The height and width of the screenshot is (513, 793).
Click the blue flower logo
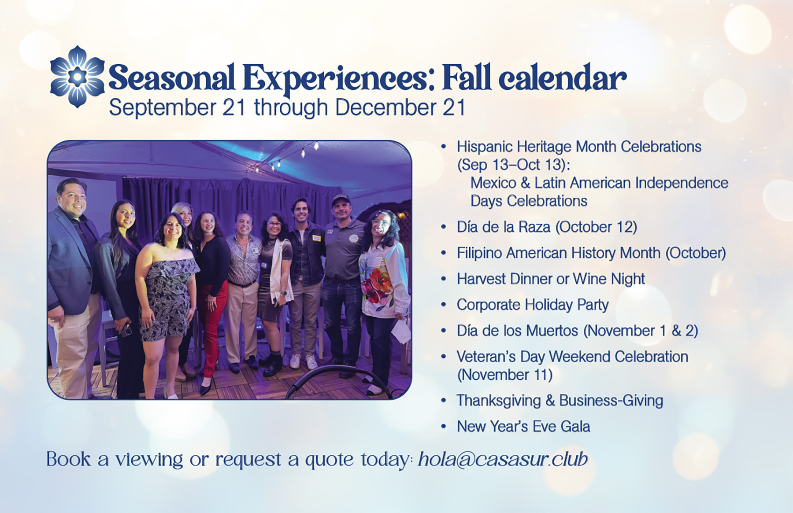point(78,77)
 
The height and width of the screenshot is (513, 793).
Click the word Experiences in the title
point(335,78)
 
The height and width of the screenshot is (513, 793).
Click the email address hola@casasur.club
point(503,459)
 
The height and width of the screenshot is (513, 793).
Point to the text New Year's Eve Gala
point(523,426)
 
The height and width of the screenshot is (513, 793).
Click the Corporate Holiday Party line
point(533,305)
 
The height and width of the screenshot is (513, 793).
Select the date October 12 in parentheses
point(596,227)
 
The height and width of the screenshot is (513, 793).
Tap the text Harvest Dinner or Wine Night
point(551,279)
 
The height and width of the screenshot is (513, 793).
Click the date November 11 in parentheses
point(505,375)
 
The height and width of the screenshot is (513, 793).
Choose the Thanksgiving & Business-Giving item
point(560,401)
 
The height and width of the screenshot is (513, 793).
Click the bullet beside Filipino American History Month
point(444,253)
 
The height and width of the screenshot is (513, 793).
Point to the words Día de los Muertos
point(517,331)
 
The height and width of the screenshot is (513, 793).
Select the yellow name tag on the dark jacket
point(316,238)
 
